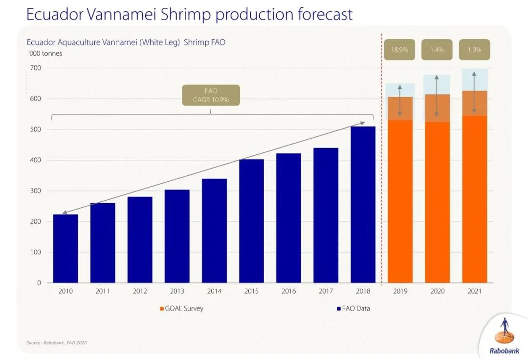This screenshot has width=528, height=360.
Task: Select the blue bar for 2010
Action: coord(66,249)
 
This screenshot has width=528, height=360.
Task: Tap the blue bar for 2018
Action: coord(363,205)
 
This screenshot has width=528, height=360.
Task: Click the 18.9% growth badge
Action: coord(399,50)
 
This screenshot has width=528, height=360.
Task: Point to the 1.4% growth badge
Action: coord(437,50)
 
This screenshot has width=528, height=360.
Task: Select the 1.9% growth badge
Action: coord(474,50)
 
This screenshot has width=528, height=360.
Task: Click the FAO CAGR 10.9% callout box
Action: coord(211,95)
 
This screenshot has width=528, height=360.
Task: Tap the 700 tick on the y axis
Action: coord(36,68)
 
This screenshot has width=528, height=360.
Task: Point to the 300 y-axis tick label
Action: coord(36,191)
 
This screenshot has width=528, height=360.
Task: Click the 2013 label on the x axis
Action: coord(177,291)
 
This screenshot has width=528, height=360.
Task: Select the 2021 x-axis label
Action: coord(474,291)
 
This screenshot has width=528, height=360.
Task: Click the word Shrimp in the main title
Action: coord(185,14)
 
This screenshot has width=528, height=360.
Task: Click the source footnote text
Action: coord(57,342)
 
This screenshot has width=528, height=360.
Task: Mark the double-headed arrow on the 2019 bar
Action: coord(399,101)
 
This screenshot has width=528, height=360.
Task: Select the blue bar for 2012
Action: coord(140,239)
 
